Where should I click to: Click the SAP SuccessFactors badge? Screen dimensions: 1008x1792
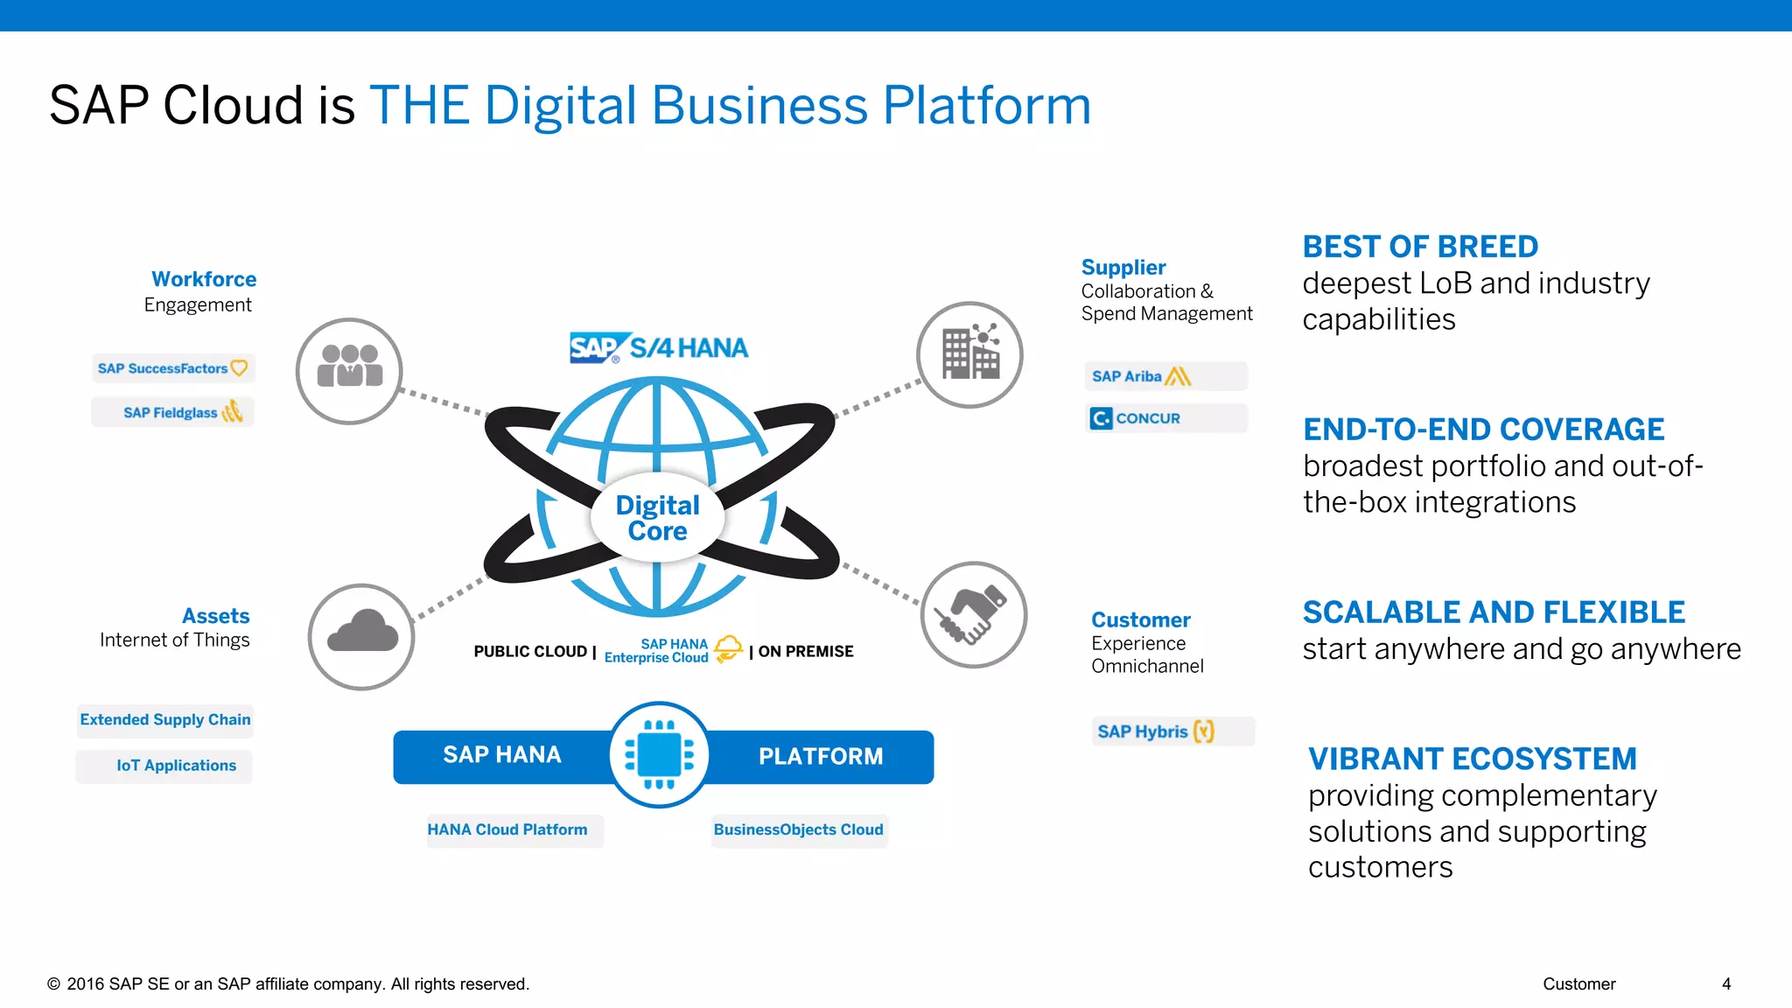point(172,368)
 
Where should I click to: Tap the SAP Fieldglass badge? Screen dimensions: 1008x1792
point(173,412)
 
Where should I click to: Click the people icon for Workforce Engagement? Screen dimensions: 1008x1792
point(349,371)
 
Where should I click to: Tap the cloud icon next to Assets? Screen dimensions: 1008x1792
point(361,636)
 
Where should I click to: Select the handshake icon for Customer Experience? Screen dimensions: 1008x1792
point(973,615)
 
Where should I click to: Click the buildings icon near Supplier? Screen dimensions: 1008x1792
point(969,354)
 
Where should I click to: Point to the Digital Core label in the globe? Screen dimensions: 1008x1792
point(657,518)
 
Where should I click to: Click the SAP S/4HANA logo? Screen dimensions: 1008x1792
point(659,347)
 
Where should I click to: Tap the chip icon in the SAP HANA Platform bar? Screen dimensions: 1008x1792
point(659,754)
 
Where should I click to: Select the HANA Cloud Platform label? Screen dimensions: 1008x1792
point(507,829)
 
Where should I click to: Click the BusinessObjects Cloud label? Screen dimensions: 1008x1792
point(798,829)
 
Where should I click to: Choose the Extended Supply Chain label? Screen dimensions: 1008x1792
point(165,719)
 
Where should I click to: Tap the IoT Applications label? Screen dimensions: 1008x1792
point(176,766)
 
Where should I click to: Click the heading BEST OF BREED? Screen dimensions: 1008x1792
point(1419,247)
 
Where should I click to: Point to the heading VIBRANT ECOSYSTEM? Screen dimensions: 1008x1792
point(1472,759)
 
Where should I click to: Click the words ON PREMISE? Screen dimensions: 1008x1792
point(805,652)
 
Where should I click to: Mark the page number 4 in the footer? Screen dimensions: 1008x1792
point(1725,984)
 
